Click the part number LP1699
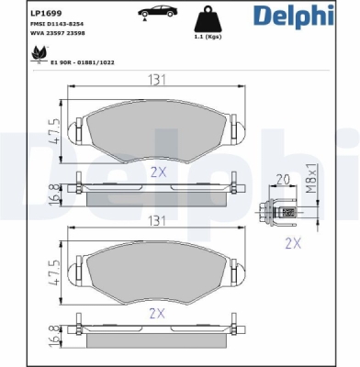tap(46, 13)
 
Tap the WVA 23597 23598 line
tap(58, 33)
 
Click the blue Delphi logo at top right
tap(294, 16)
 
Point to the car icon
tap(157, 12)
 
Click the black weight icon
tap(208, 19)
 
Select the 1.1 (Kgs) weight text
tap(208, 37)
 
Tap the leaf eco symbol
tap(39, 54)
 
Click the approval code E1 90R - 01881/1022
tap(83, 62)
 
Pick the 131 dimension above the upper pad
tap(157, 80)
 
